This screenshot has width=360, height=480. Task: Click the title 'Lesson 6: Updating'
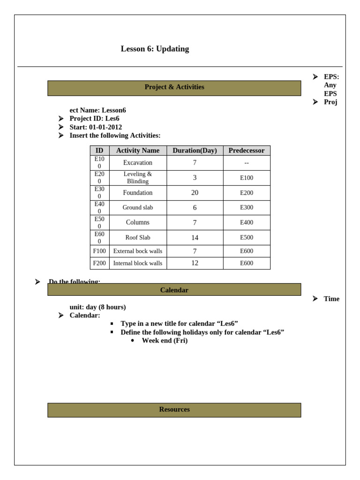point(155,49)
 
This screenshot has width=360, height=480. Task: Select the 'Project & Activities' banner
point(174,87)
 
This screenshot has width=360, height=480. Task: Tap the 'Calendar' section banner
point(174,290)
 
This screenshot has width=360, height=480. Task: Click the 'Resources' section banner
point(174,410)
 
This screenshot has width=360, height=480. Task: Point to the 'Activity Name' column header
point(138,150)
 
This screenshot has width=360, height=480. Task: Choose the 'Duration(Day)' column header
point(195,150)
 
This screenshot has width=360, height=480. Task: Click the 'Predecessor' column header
point(246,150)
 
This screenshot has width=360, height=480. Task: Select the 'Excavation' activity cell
point(138,163)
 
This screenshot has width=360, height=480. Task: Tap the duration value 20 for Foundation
point(195,193)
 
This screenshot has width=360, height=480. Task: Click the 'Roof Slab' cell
point(138,238)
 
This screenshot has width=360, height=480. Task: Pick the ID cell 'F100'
point(99,251)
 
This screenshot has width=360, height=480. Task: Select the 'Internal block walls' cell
point(138,263)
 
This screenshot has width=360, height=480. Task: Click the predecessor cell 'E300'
point(246,208)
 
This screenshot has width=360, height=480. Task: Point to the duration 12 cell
point(195,263)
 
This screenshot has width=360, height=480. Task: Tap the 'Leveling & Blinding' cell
point(138,178)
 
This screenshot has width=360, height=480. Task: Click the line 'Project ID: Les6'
point(94,119)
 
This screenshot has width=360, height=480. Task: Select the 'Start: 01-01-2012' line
point(96,127)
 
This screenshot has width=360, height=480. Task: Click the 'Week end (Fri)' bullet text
point(165,341)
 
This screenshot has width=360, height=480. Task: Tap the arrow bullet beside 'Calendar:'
point(61,315)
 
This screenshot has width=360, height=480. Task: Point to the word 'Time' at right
point(331,299)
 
